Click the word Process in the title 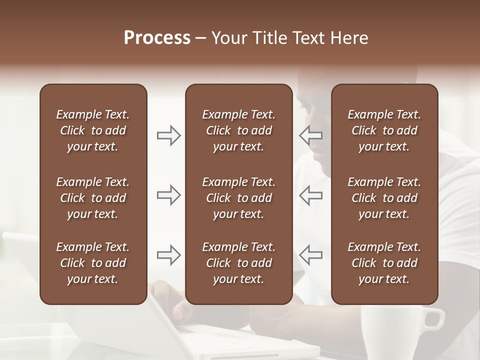point(157,38)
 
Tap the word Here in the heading point(349,38)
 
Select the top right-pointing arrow point(169,135)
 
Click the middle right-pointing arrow point(169,195)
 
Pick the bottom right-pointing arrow point(169,255)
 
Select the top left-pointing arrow point(311,135)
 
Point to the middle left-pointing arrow point(311,195)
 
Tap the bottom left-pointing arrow point(311,255)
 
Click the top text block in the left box point(93,130)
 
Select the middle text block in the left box point(93,198)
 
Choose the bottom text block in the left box point(93,263)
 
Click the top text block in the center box point(238,130)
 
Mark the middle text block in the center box point(238,198)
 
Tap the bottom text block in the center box point(238,263)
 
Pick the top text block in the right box point(384,130)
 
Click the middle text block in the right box point(384,198)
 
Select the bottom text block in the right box point(384,263)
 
